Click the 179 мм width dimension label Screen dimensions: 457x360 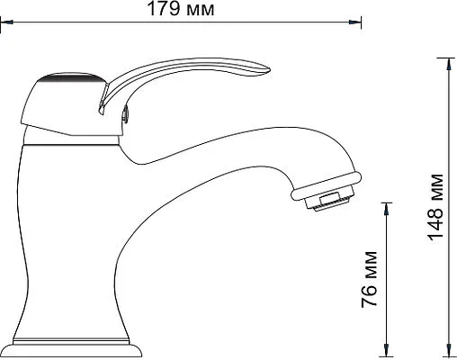pyautogui.click(x=181, y=9)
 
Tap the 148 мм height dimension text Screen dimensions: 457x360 pyautogui.click(x=435, y=207)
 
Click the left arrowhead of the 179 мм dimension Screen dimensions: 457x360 pyautogui.click(x=6, y=22)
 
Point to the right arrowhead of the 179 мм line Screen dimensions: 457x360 pyautogui.click(x=354, y=22)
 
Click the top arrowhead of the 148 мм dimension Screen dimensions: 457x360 pyautogui.click(x=449, y=64)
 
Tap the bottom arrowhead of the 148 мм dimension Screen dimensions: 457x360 pyautogui.click(x=449, y=350)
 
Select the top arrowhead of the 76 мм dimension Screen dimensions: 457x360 pyautogui.click(x=387, y=209)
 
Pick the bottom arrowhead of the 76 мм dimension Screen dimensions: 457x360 pyautogui.click(x=387, y=350)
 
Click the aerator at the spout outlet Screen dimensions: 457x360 pyautogui.click(x=330, y=200)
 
